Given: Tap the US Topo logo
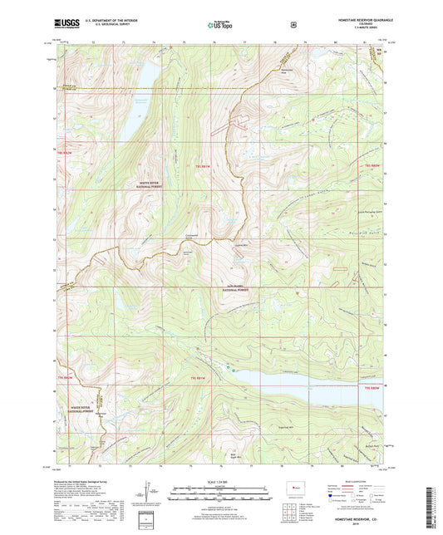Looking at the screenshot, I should [x=220, y=25].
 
